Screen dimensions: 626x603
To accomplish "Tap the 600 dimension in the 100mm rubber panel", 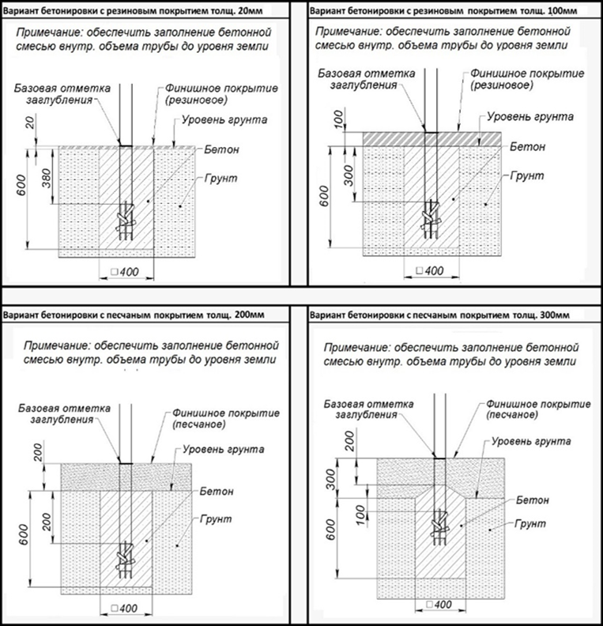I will point(324,194).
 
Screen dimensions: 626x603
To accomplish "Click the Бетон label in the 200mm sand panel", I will point(217,491).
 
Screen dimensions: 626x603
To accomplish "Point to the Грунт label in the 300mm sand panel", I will point(530,522).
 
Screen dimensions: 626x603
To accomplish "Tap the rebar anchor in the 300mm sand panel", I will point(437,523).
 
